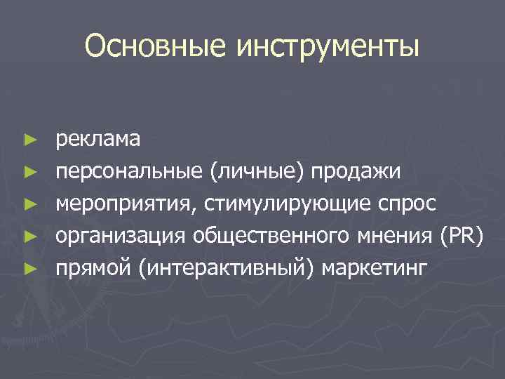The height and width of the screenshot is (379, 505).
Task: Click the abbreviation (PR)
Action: click(x=462, y=236)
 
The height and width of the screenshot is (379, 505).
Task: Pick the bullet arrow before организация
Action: click(x=28, y=237)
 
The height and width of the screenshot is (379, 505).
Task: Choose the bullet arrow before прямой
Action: click(x=28, y=269)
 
